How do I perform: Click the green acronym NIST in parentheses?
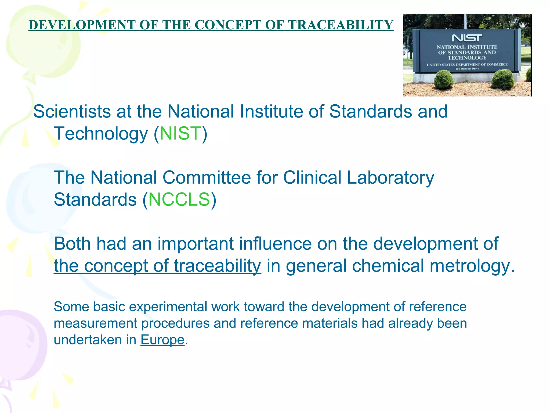(x=180, y=133)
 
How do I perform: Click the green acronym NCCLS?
(x=179, y=200)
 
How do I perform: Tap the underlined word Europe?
(x=162, y=340)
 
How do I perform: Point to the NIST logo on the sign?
(x=467, y=38)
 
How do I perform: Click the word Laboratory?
(x=390, y=177)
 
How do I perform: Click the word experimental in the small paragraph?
(x=169, y=307)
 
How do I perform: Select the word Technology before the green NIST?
(x=101, y=133)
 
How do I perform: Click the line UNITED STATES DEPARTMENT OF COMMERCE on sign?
(x=467, y=65)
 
